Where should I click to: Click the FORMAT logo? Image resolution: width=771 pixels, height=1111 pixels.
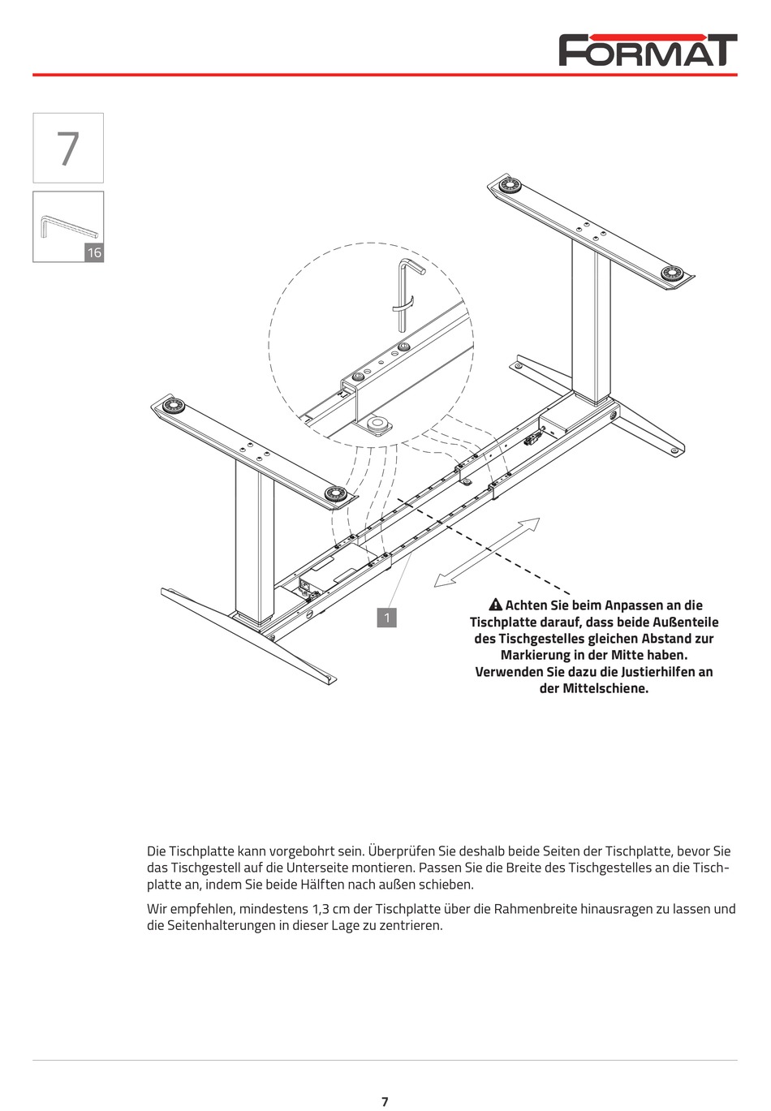(x=648, y=50)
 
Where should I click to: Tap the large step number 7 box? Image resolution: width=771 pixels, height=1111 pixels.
(x=68, y=148)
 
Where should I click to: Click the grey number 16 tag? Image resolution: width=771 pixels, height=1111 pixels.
(x=94, y=252)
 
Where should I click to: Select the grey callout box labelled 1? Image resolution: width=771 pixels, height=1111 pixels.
(x=387, y=618)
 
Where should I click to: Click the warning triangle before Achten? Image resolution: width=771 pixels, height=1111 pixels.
(x=496, y=605)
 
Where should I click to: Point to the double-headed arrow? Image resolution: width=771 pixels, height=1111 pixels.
(x=487, y=553)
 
